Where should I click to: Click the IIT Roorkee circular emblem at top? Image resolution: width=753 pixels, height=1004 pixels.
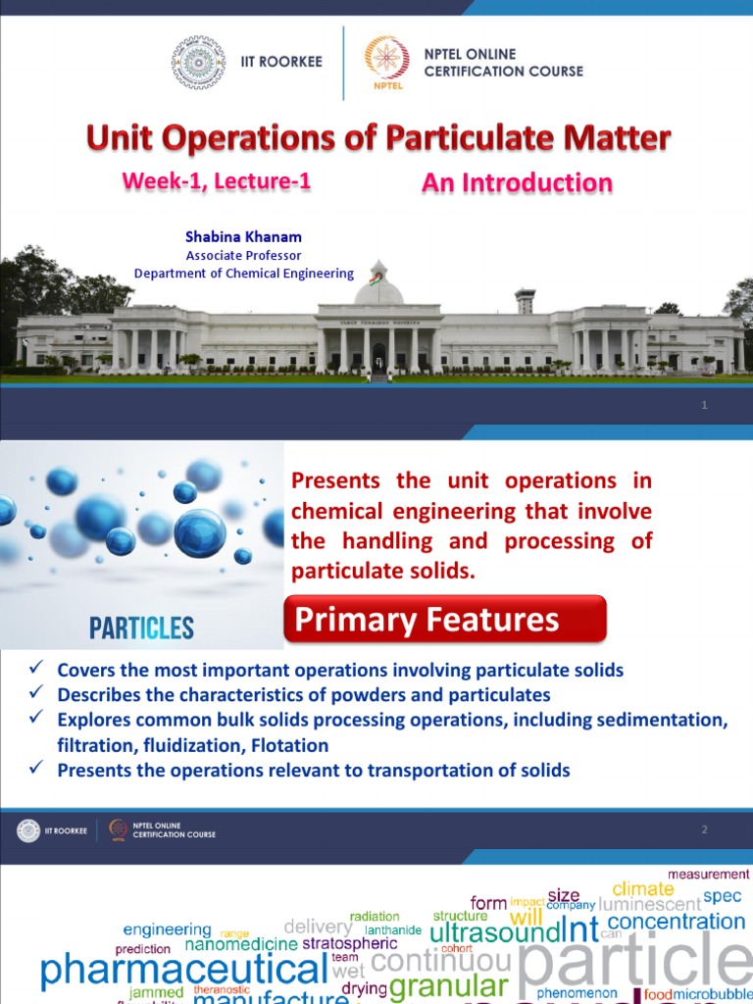click(198, 63)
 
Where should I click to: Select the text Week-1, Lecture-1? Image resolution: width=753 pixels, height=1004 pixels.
click(217, 181)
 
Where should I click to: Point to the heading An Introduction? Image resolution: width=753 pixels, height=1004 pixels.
click(517, 183)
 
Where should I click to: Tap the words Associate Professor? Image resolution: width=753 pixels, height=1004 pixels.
click(243, 256)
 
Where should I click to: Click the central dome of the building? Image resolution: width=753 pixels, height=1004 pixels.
click(377, 285)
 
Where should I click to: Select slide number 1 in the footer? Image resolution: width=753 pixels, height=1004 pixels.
click(704, 406)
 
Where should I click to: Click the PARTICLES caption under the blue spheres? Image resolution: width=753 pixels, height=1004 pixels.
click(141, 628)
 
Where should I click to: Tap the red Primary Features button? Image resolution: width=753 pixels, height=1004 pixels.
click(444, 620)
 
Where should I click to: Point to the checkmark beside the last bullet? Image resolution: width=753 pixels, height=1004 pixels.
click(35, 769)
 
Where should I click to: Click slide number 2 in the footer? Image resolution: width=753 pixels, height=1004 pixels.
click(704, 830)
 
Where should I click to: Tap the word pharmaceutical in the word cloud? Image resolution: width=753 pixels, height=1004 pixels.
click(183, 971)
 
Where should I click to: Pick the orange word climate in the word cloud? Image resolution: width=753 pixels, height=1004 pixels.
click(643, 889)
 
